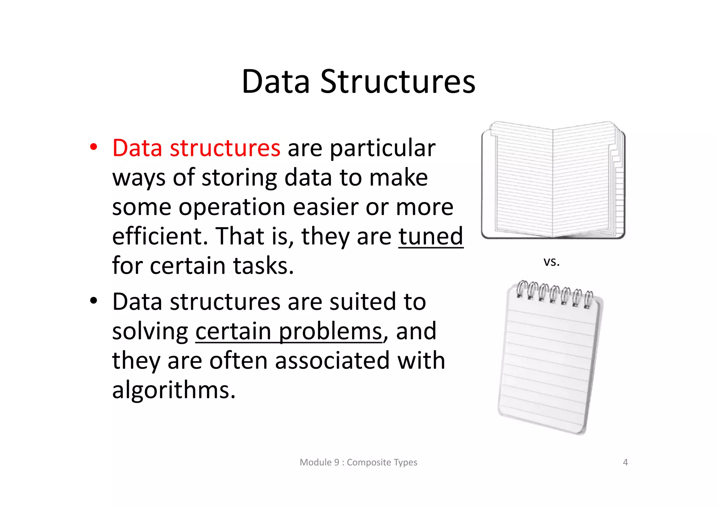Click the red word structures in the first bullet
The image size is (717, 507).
point(225,148)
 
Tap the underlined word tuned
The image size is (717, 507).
point(431,236)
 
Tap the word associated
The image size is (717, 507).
point(332,361)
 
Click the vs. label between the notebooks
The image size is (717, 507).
point(551,262)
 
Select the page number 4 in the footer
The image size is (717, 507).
point(625,462)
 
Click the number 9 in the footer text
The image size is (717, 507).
point(336,462)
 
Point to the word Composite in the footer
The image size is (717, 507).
point(369,462)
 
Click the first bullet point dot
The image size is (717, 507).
point(93,147)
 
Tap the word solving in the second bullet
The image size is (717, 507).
point(150,331)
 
